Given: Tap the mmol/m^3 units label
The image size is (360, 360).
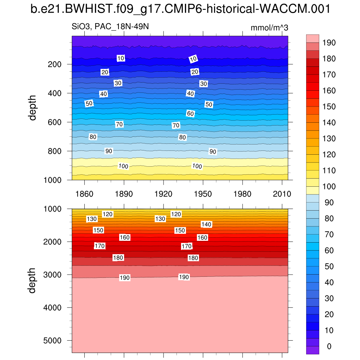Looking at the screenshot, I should click(x=269, y=28).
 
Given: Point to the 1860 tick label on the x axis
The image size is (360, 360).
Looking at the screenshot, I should click(x=84, y=194).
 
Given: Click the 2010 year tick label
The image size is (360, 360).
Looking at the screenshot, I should click(x=282, y=194).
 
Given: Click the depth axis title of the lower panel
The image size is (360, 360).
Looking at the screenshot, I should click(x=33, y=280).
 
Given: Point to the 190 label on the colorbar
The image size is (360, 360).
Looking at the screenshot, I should click(x=329, y=43).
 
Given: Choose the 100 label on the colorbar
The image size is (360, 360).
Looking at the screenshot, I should click(x=329, y=186).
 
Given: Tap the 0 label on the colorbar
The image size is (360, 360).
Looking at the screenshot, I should click(x=329, y=346).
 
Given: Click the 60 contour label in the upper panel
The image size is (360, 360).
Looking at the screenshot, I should click(x=190, y=114).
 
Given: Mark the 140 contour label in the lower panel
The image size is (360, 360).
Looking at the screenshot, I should click(x=206, y=224).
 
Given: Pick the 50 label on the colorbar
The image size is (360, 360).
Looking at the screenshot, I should click(x=329, y=266).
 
